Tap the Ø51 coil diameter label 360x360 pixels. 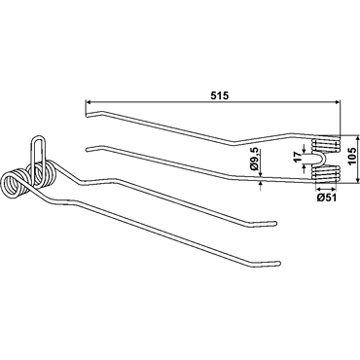pyautogui.click(x=326, y=198)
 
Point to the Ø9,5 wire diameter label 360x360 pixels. pyautogui.click(x=254, y=159)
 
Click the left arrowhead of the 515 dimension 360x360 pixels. pyautogui.click(x=89, y=102)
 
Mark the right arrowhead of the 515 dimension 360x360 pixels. pyautogui.click(x=338, y=102)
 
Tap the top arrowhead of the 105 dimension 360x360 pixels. pyautogui.click(x=358, y=139)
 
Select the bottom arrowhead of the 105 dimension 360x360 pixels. pyautogui.click(x=358, y=179)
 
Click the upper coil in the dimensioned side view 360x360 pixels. pyautogui.click(x=326, y=145)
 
